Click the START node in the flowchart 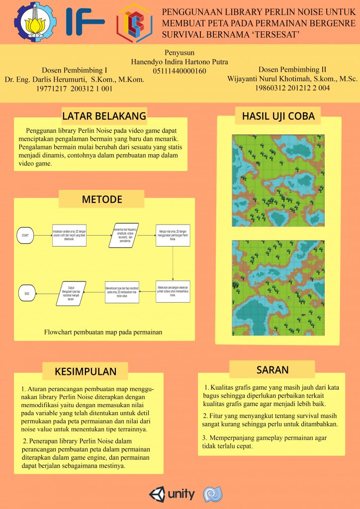tap(25, 235)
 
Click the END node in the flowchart tap(27, 294)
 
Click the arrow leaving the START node tap(43, 235)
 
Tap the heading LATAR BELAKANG tap(104, 116)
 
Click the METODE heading tap(101, 200)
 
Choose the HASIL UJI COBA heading tap(278, 116)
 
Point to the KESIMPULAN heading tap(86, 371)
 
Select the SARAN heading tap(272, 370)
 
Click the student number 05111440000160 tap(180, 72)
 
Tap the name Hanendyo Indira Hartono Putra tap(180, 62)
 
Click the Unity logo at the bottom tap(172, 494)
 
